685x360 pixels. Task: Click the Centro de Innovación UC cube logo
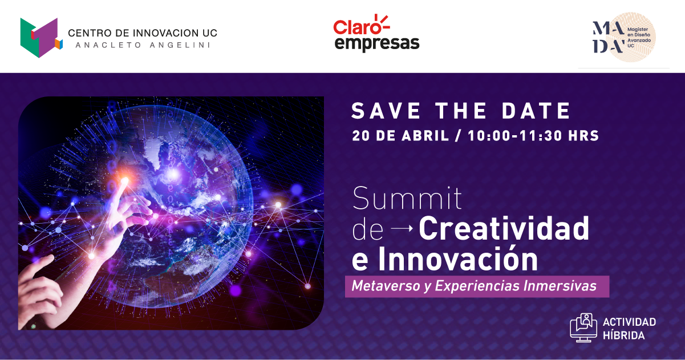[x=41, y=38]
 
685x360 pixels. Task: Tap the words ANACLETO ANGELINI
[x=143, y=45]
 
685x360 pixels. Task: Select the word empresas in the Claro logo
[x=377, y=43]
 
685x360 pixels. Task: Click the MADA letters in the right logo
[x=609, y=37]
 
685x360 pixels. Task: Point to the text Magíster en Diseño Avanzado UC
[x=639, y=37]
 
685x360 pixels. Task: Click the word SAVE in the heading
[x=386, y=111]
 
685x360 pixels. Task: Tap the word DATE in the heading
[x=536, y=111]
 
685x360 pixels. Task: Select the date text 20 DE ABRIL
[x=400, y=136]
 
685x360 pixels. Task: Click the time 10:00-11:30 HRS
[x=533, y=136]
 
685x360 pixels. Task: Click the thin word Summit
[x=407, y=198]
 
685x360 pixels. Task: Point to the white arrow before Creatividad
[x=402, y=228]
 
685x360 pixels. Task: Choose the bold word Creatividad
[x=504, y=228]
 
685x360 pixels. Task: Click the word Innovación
[x=458, y=259]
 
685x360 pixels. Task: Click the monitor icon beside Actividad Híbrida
[x=583, y=327]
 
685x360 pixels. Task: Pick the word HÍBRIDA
[x=623, y=335]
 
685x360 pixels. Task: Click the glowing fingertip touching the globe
[x=125, y=181]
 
